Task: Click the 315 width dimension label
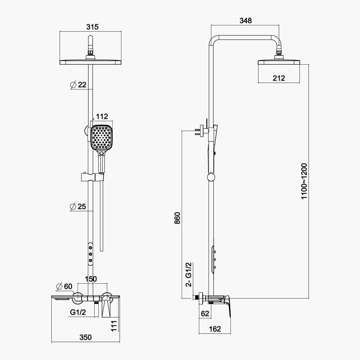tap(92, 27)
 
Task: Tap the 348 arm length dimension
tap(245, 21)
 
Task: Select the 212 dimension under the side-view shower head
tap(279, 78)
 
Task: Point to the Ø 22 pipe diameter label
tap(78, 85)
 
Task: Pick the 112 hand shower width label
tap(102, 116)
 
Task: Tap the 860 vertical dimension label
tap(177, 218)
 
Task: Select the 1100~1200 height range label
tap(304, 181)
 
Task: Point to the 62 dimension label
tap(205, 313)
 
